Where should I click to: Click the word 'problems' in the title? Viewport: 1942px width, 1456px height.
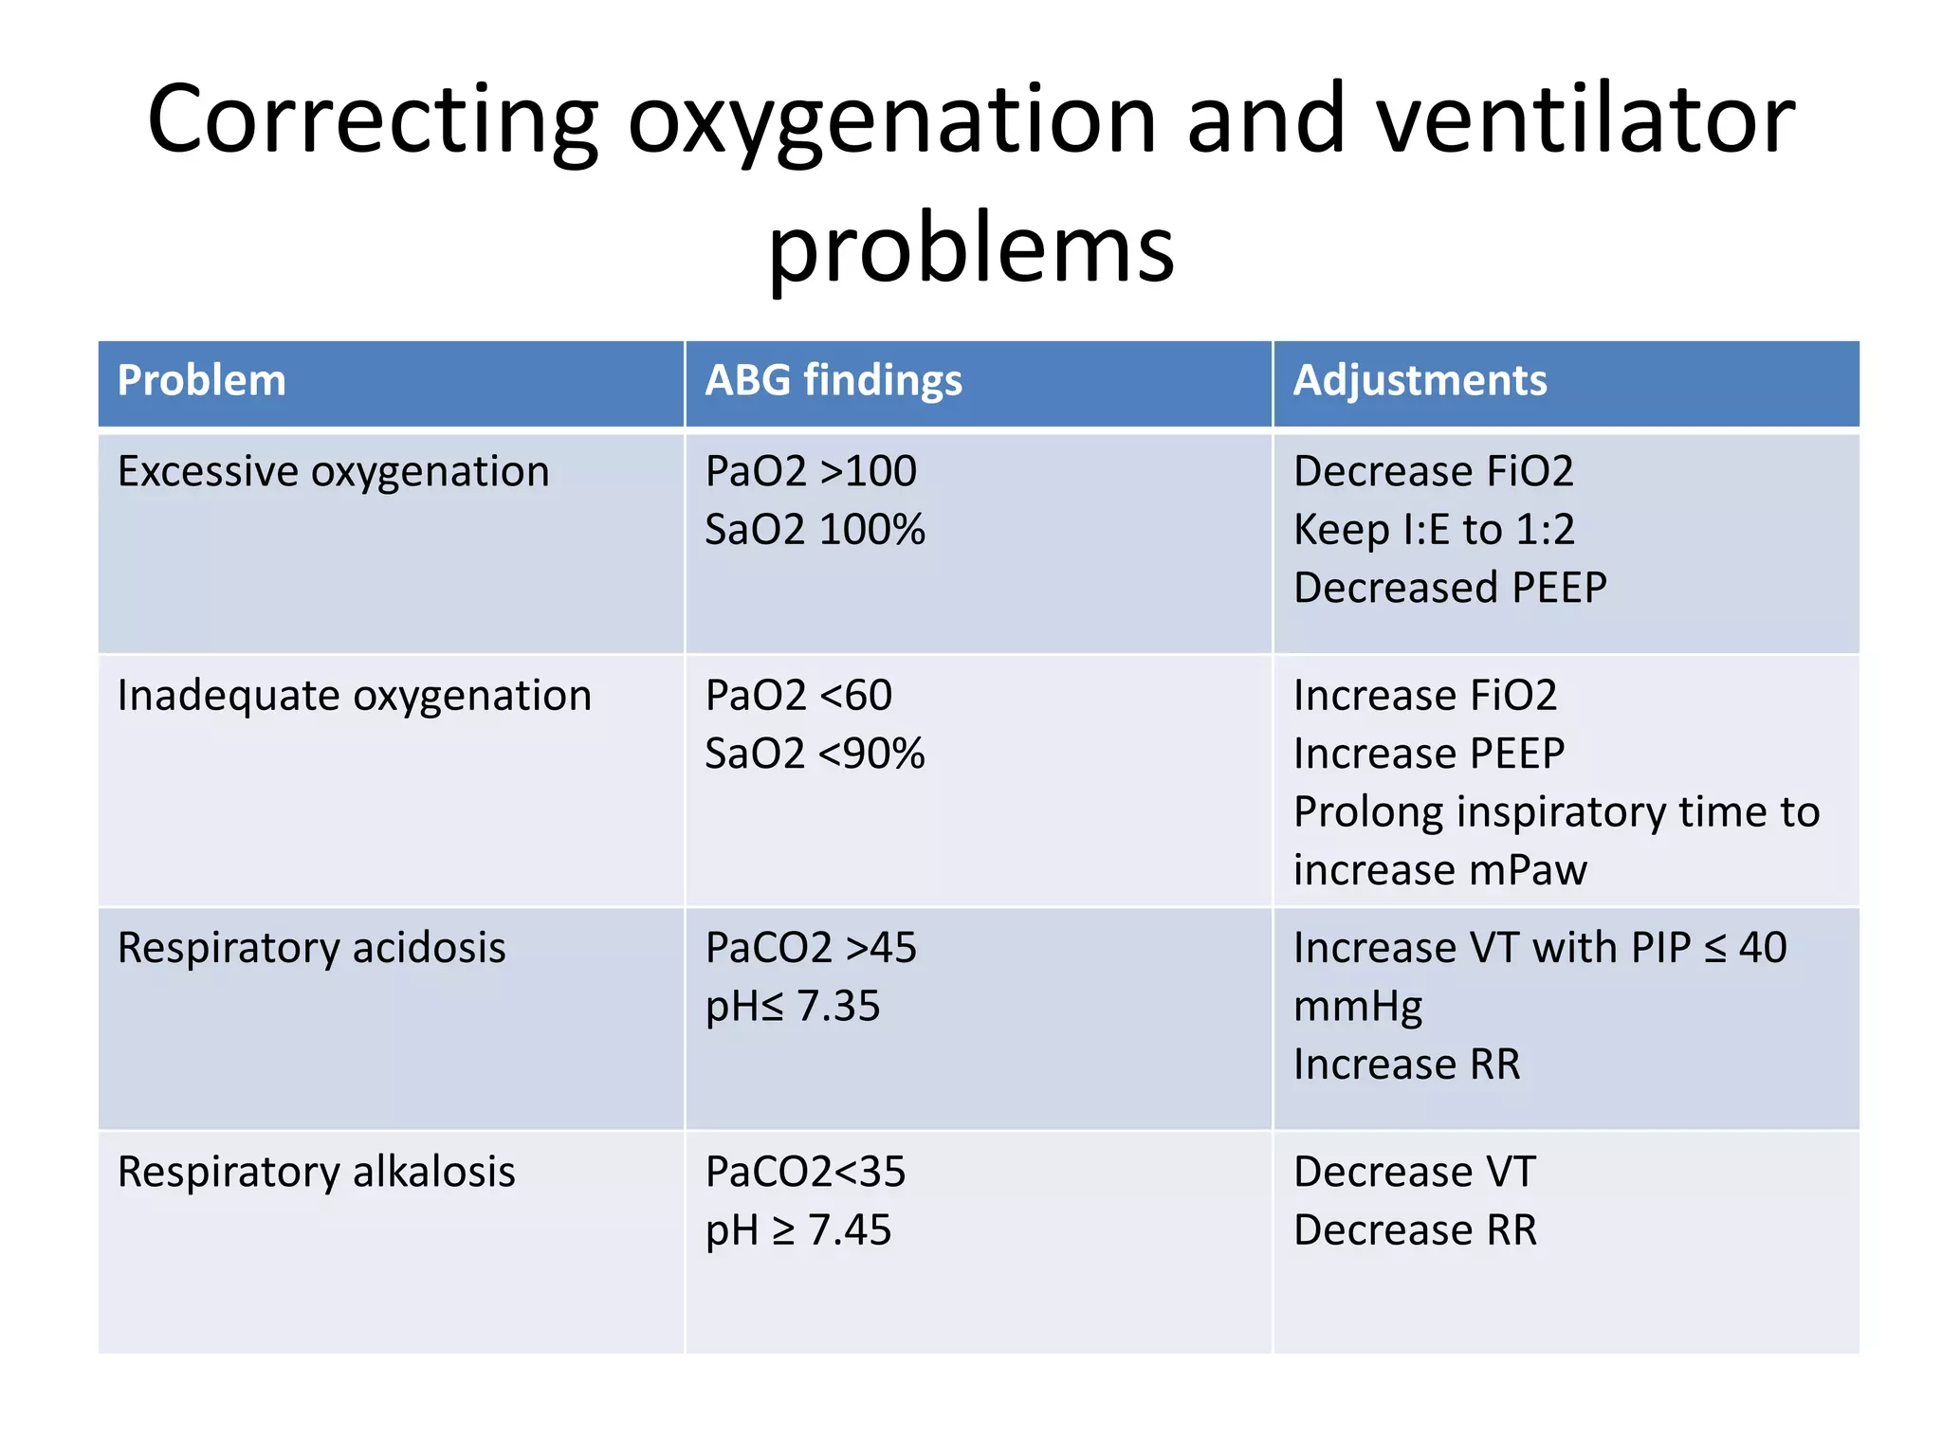pos(971,249)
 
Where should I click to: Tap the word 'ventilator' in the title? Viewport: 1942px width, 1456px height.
pos(1585,119)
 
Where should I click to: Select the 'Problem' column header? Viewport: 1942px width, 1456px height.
pos(201,381)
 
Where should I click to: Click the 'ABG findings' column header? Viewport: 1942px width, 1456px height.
pos(834,381)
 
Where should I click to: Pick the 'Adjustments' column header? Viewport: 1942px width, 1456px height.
pos(1420,381)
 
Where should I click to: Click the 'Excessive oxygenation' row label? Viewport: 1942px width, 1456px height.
pos(333,472)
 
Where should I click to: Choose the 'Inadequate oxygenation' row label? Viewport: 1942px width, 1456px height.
pos(354,697)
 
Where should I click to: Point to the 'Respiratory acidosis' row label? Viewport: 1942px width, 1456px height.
pos(311,949)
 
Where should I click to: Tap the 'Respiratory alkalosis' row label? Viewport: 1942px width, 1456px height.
pos(316,1173)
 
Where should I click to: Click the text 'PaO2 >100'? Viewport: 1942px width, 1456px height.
pos(811,472)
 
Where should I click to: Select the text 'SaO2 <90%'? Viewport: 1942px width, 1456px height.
pos(815,755)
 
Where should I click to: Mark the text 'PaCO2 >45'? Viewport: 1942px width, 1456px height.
pos(811,949)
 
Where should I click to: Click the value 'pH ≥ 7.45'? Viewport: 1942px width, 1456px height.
pos(798,1230)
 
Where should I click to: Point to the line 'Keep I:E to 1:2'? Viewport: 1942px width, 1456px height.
pos(1434,530)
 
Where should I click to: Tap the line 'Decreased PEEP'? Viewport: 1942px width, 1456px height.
pos(1450,588)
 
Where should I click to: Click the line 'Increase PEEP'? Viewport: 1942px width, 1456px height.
pos(1429,755)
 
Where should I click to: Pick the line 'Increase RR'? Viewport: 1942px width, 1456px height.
pos(1406,1065)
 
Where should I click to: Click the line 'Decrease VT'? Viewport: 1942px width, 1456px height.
pos(1414,1173)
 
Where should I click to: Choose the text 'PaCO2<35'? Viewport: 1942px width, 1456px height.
pos(805,1173)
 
